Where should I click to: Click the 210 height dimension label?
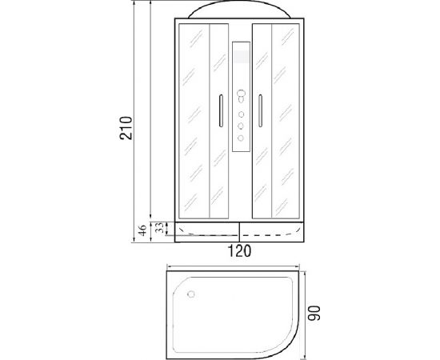[x=126, y=128]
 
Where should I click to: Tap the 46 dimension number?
[x=142, y=230]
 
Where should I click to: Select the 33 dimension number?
[x=159, y=227]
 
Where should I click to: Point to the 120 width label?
[x=239, y=251]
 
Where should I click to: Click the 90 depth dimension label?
[x=314, y=313]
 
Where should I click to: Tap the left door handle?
[x=221, y=111]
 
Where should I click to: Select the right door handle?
[x=261, y=111]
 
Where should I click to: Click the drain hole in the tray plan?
[x=191, y=294]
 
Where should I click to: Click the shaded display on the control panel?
[x=242, y=57]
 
